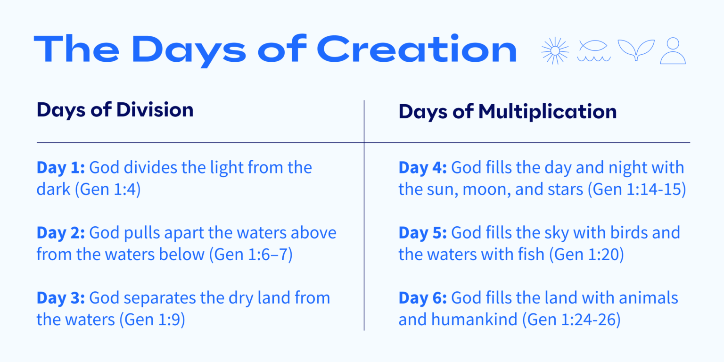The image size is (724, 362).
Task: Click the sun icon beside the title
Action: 555,50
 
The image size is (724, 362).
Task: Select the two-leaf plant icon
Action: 635,50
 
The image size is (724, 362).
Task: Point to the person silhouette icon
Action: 673,50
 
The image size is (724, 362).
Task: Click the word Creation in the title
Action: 417,49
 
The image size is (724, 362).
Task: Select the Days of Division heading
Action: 115,110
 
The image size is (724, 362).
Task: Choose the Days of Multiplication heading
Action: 507,112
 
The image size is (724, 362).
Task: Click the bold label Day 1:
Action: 60,168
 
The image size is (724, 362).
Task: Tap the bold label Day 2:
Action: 60,233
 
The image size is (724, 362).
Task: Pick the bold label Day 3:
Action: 60,298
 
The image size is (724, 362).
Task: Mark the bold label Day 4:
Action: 422,168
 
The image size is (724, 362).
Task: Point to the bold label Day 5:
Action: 422,233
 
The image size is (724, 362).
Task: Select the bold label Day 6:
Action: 422,298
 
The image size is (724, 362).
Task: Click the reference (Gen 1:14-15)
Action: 639,189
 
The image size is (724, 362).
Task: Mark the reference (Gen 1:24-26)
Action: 571,320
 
